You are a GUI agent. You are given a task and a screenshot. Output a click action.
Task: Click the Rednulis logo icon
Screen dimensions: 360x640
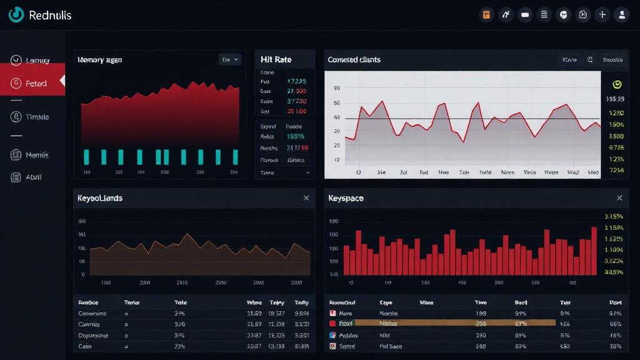16,15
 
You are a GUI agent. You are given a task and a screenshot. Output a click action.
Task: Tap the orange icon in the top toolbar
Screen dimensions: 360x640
486,15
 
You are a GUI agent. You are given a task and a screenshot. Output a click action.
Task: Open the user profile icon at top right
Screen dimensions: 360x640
621,15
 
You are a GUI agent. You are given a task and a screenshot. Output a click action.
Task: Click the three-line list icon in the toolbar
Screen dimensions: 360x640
544,15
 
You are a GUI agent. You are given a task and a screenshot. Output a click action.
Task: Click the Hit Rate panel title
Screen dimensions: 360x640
276,59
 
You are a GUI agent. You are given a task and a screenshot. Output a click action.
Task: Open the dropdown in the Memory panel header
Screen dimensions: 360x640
230,59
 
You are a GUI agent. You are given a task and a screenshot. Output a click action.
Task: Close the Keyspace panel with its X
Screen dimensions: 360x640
619,198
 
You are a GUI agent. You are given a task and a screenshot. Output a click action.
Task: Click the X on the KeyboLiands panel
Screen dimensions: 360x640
306,198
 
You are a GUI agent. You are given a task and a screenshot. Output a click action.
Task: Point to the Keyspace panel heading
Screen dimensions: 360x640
346,198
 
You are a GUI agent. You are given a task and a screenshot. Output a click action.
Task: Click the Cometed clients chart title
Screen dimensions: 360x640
354,60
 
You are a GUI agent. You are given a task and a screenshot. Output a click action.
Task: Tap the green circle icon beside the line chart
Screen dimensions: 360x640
617,84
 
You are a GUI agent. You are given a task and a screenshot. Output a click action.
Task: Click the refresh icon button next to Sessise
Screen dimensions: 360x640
589,60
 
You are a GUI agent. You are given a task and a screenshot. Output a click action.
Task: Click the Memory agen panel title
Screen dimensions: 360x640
99,60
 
